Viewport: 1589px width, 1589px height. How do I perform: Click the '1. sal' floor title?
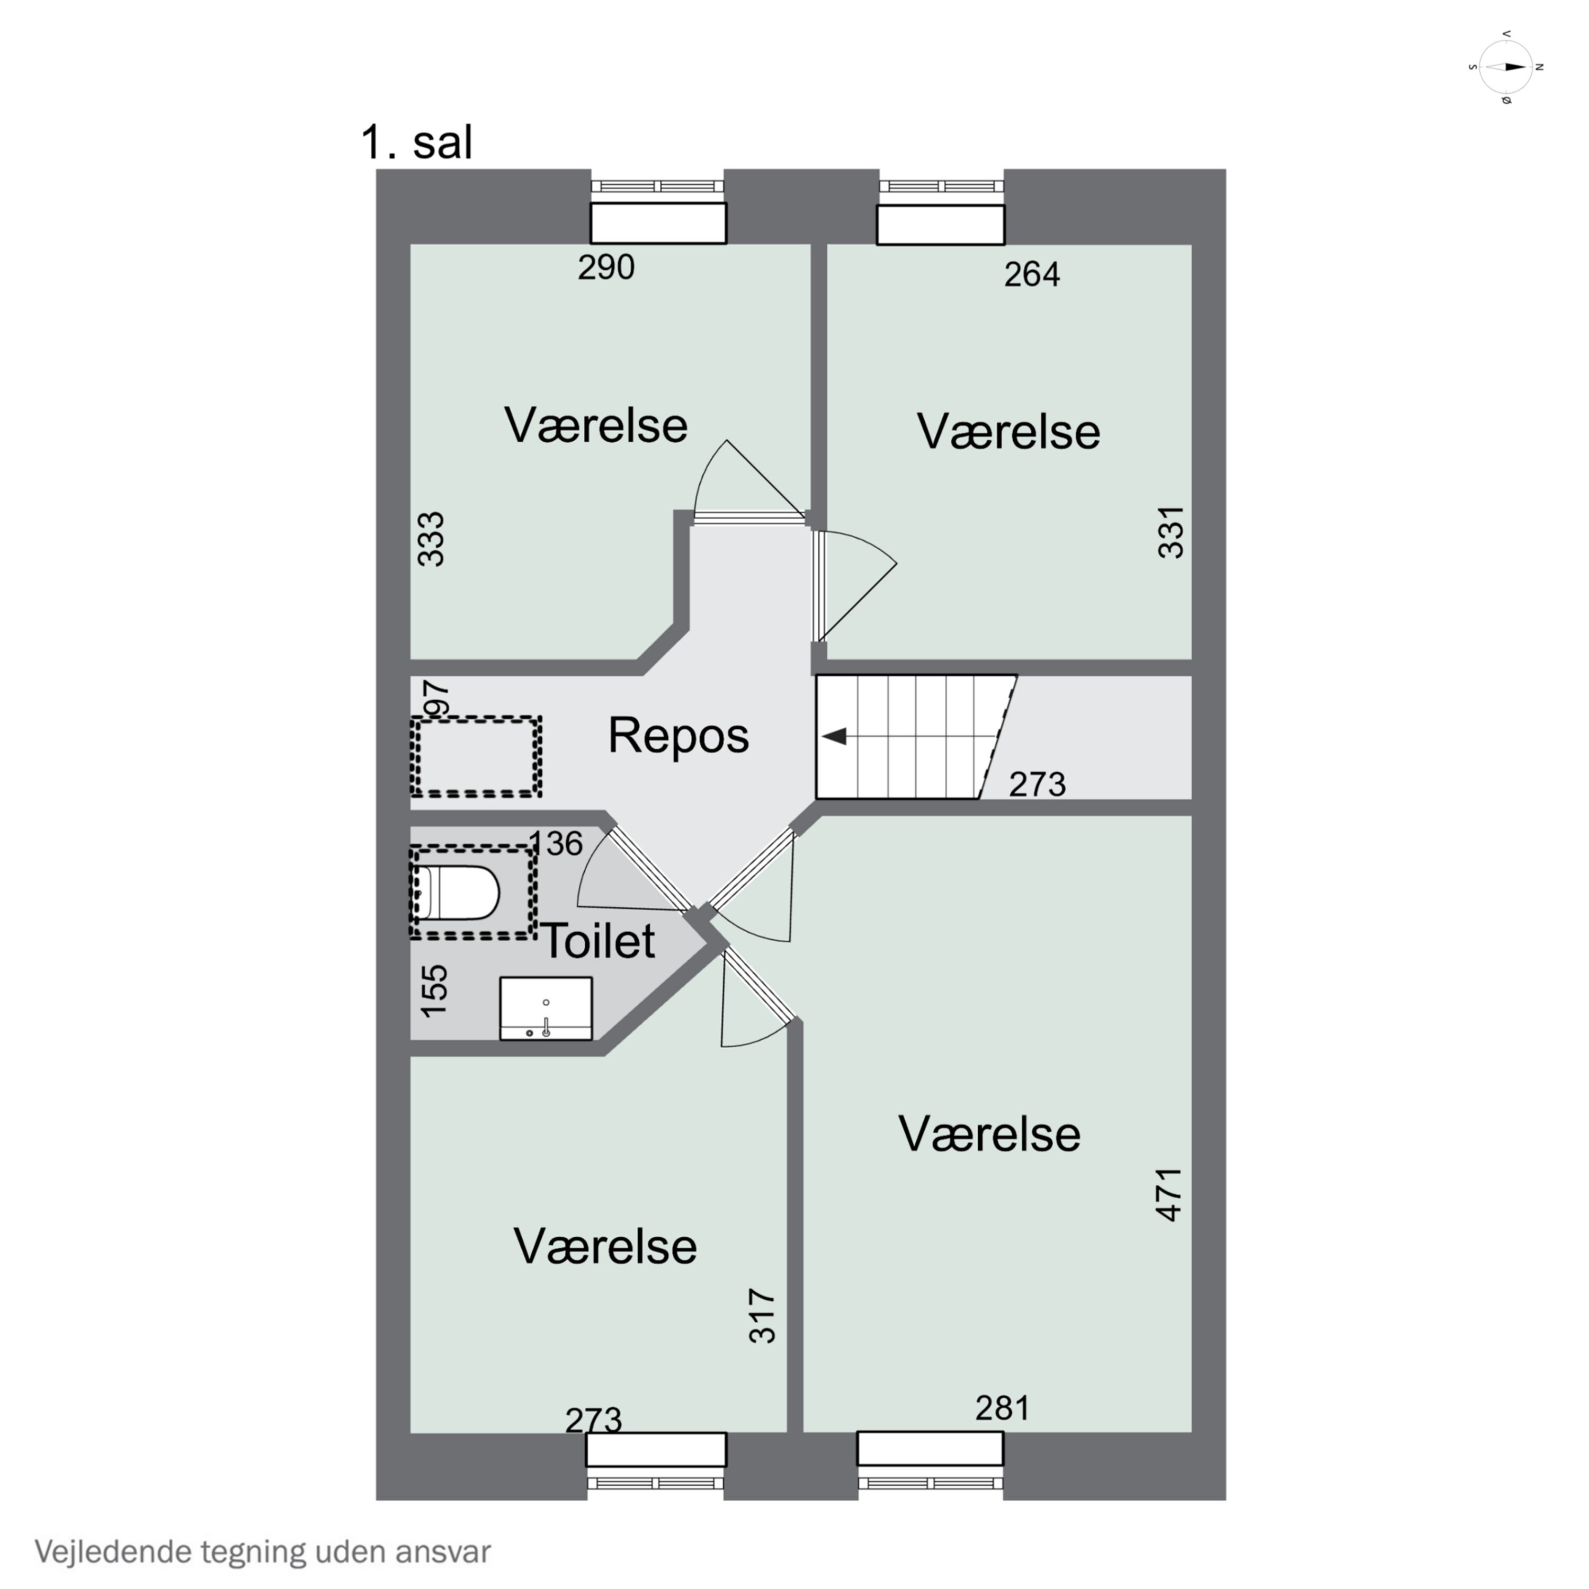click(x=417, y=142)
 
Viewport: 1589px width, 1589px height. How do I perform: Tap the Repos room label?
click(x=679, y=735)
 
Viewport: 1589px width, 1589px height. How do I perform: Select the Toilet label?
click(x=599, y=940)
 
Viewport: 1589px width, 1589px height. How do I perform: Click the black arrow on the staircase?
click(x=834, y=736)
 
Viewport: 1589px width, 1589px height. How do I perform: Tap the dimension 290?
click(x=606, y=267)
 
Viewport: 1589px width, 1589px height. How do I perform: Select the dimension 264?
click(x=1032, y=274)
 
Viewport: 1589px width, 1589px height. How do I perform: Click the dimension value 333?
click(x=431, y=540)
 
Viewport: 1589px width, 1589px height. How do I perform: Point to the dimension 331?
click(x=1171, y=533)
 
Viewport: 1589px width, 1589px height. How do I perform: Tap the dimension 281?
click(x=1003, y=1408)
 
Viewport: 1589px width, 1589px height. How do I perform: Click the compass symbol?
click(x=1506, y=67)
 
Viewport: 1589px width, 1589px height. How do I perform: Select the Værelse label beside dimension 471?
click(x=989, y=1133)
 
